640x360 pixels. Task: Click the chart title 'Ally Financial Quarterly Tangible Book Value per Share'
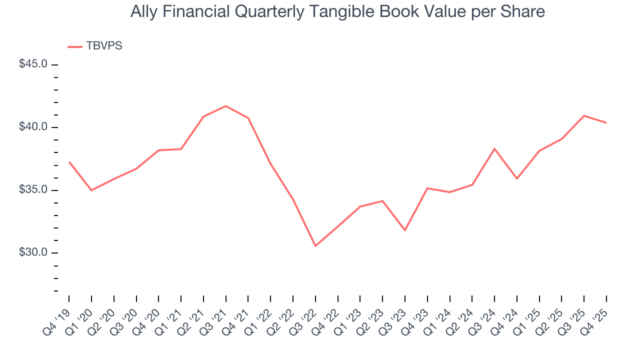pyautogui.click(x=337, y=11)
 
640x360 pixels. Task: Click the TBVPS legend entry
pyautogui.click(x=104, y=46)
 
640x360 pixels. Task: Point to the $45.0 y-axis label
pyautogui.click(x=33, y=64)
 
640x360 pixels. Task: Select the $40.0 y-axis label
pyautogui.click(x=33, y=127)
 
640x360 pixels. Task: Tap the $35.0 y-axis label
pyautogui.click(x=33, y=190)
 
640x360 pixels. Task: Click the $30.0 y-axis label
pyautogui.click(x=33, y=252)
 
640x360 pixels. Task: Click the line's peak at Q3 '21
pyautogui.click(x=225, y=106)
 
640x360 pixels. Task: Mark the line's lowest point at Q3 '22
pyautogui.click(x=315, y=246)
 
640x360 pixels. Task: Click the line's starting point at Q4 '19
pyautogui.click(x=69, y=162)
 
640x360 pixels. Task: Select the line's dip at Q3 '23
pyautogui.click(x=405, y=230)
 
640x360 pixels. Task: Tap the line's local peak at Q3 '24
pyautogui.click(x=494, y=148)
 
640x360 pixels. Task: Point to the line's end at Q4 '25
pyautogui.click(x=606, y=123)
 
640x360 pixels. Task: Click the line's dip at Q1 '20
pyautogui.click(x=91, y=190)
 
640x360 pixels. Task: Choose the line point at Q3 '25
pyautogui.click(x=584, y=115)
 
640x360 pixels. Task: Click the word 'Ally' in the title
pyautogui.click(x=142, y=11)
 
